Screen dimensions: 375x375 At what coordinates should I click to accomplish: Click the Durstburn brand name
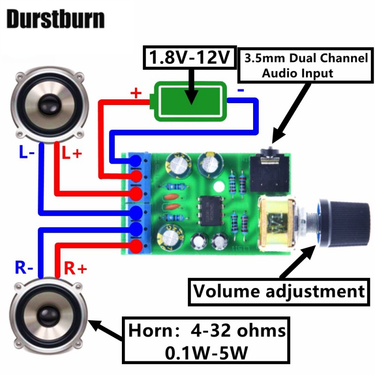coord(55,19)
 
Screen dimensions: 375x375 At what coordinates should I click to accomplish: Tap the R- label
coord(23,268)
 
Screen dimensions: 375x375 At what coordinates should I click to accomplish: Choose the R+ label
coord(75,269)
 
